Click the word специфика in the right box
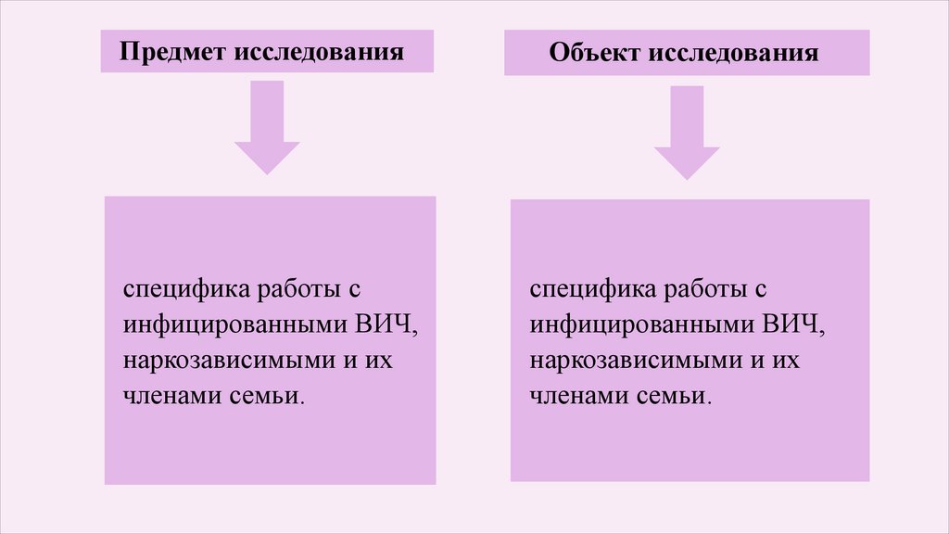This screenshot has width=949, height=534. [x=585, y=289]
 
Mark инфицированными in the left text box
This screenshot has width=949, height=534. [x=232, y=325]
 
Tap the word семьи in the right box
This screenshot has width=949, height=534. [x=682, y=396]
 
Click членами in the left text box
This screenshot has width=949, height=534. [x=170, y=396]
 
